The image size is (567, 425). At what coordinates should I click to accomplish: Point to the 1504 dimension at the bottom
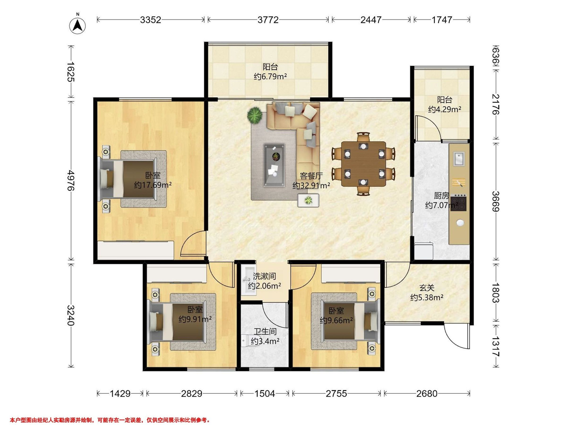[265, 393]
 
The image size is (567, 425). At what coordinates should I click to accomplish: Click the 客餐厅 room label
[311, 176]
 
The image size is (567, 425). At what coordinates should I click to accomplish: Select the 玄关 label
[427, 288]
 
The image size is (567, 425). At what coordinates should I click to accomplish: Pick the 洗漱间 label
[265, 276]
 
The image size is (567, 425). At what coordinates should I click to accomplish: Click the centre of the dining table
[364, 164]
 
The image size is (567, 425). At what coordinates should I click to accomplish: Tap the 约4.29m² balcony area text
[444, 110]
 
